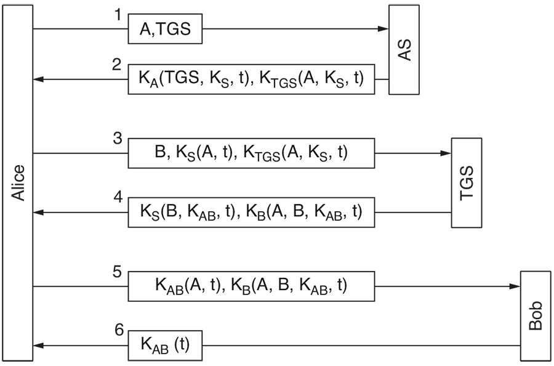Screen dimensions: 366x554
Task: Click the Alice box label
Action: coord(18,182)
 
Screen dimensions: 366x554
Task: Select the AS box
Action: coord(404,49)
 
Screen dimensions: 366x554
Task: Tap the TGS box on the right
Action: coord(466,183)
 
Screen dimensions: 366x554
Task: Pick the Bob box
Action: coord(535,316)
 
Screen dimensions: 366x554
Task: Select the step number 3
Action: coord(118,139)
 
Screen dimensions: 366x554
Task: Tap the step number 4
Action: coord(118,198)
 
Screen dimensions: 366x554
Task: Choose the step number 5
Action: coord(118,272)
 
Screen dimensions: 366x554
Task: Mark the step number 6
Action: coord(119,330)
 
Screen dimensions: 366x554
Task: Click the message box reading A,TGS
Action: coord(165,29)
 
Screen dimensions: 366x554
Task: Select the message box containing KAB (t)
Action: coord(165,346)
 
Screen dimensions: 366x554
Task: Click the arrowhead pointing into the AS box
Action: coord(383,29)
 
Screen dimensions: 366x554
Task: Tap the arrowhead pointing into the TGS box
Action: coord(446,153)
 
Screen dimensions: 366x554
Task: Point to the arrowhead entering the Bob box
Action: coord(515,286)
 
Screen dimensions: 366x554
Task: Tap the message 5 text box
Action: coord(251,286)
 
